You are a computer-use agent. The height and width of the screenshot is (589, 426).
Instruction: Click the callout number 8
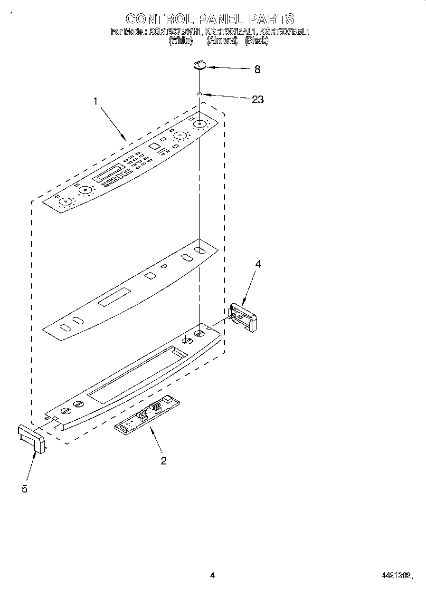257,69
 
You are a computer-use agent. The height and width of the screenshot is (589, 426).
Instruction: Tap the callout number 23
257,99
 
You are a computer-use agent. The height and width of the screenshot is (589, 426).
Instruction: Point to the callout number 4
258,264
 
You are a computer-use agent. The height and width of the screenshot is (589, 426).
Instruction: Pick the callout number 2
163,460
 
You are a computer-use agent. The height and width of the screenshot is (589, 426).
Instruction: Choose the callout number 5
24,488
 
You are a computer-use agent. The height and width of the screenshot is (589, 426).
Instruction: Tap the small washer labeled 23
200,95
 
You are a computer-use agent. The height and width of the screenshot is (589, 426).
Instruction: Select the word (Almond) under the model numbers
222,41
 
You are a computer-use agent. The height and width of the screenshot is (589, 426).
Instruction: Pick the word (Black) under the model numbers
256,41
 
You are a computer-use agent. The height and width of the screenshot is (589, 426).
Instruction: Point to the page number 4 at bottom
212,576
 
